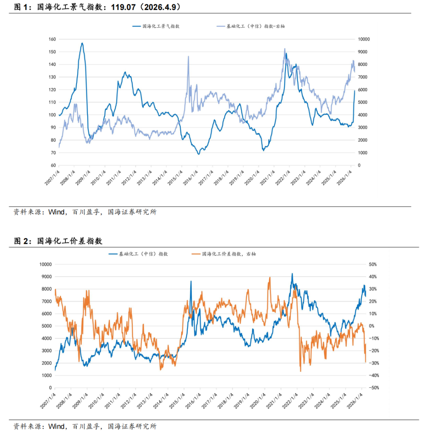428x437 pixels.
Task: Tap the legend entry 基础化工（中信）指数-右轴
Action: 255,26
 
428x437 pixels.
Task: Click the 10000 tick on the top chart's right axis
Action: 363,39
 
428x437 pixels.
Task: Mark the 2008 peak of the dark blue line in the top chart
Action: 82,43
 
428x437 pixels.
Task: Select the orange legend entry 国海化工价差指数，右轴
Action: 228,254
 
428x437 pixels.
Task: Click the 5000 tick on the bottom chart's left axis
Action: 47,326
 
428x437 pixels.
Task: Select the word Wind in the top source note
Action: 56,212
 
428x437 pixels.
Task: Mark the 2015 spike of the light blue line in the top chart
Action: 188,57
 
